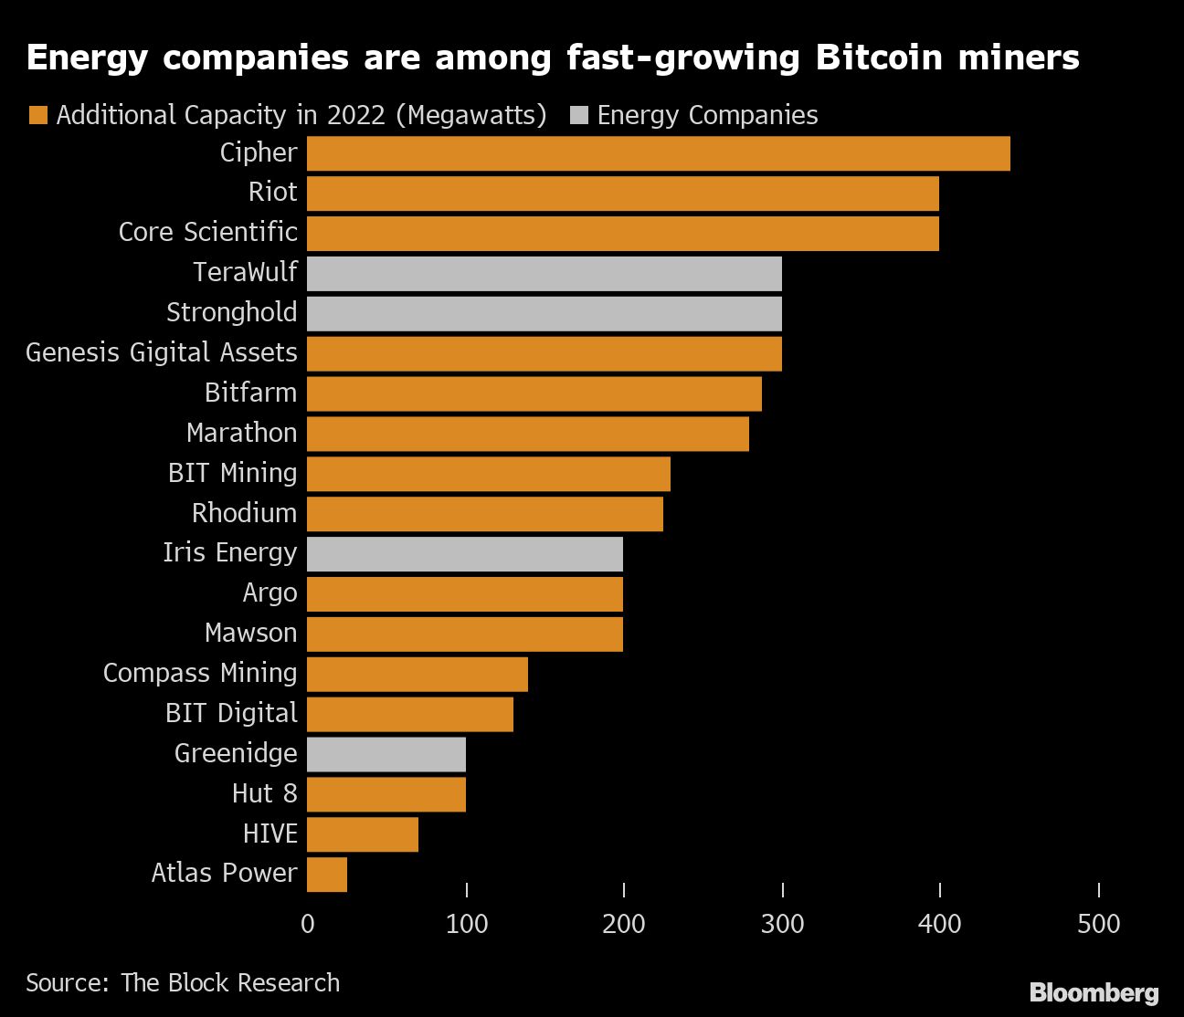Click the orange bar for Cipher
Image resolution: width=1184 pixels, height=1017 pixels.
tap(658, 153)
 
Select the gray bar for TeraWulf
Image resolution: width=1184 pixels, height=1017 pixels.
tap(544, 274)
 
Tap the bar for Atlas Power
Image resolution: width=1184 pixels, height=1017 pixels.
tap(327, 874)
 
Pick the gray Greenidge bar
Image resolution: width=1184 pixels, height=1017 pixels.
tap(386, 754)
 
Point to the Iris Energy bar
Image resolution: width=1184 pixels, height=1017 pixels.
tap(464, 554)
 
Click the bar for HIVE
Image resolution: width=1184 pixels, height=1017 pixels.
tap(362, 834)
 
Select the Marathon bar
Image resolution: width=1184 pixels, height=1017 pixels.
tap(527, 434)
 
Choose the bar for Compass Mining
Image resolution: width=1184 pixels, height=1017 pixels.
tap(417, 674)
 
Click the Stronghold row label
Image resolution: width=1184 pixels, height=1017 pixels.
tap(231, 312)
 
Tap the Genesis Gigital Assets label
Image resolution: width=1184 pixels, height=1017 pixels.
tap(162, 352)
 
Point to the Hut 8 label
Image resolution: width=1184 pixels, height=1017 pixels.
tap(264, 793)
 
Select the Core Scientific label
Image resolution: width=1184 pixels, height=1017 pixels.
tap(207, 232)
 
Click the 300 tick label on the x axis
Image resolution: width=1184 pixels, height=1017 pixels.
tap(782, 924)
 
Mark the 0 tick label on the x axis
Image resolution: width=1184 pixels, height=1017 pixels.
tap(307, 924)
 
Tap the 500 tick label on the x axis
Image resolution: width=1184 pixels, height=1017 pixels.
tap(1098, 924)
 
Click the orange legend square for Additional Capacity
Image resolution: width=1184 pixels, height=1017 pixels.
tap(37, 115)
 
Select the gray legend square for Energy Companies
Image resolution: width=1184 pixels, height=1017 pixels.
tap(578, 115)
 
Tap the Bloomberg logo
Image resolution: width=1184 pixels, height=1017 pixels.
tap(1094, 992)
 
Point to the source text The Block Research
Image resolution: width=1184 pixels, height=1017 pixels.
tap(229, 982)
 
